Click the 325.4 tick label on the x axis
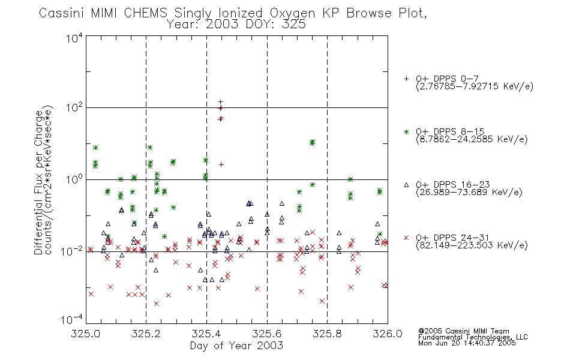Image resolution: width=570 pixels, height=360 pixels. click(x=206, y=334)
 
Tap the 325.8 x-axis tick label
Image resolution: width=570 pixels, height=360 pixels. click(x=327, y=334)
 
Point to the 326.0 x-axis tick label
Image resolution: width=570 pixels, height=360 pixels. click(x=388, y=334)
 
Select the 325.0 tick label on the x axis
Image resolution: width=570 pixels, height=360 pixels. click(x=86, y=334)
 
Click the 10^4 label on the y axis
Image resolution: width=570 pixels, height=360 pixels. click(x=74, y=38)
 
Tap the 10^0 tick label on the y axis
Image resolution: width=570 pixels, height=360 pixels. click(x=74, y=179)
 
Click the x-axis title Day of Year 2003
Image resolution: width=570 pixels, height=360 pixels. click(x=236, y=346)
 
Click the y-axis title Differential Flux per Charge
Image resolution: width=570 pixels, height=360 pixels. click(x=38, y=182)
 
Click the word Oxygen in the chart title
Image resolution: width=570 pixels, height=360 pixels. click(x=292, y=13)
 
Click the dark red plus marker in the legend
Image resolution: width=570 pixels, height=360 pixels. click(x=406, y=79)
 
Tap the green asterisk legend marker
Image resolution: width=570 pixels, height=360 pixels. click(x=406, y=131)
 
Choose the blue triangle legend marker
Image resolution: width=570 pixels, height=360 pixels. click(x=406, y=185)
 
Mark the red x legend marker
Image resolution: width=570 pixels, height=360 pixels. click(x=406, y=238)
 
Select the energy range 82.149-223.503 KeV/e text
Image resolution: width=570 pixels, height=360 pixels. click(x=472, y=245)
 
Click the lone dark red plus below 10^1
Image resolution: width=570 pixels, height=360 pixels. click(x=221, y=165)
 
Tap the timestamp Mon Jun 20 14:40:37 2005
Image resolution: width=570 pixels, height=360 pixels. click(x=467, y=343)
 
